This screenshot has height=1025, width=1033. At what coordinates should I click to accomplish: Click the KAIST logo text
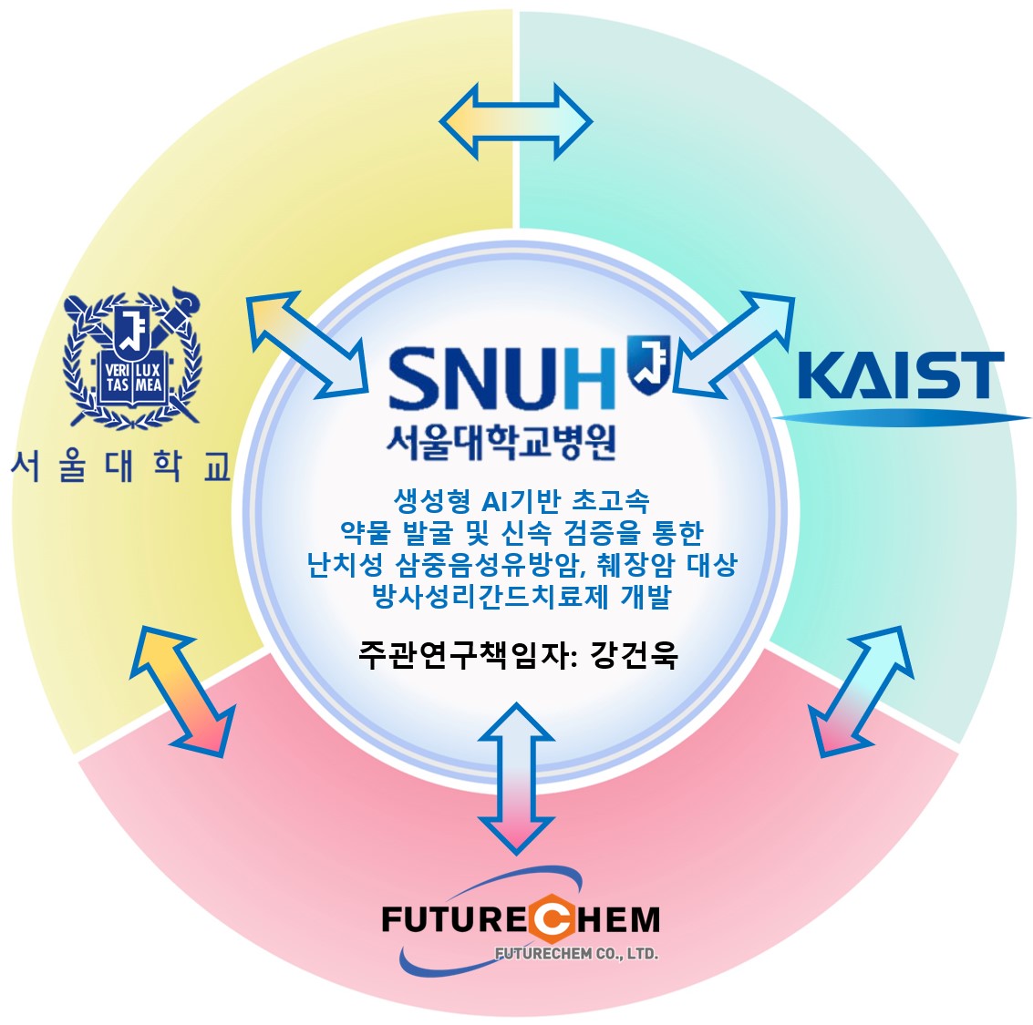(901, 375)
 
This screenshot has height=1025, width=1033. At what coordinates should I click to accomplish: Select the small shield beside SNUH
(649, 362)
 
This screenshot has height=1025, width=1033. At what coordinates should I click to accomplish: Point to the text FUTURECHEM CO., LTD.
(576, 954)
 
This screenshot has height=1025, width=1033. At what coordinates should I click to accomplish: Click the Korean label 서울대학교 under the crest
(120, 466)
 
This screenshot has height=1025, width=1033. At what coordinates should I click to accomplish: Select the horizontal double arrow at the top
(516, 122)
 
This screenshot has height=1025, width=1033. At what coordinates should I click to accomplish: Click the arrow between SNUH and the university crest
(307, 345)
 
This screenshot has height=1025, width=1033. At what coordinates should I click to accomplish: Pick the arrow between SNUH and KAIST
(734, 345)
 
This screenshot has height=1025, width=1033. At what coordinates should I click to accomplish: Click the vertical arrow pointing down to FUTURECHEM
(516, 779)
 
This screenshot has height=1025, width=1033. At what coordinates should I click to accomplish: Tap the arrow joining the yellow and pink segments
(182, 692)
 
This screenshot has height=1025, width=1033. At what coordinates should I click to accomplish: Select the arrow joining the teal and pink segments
(861, 692)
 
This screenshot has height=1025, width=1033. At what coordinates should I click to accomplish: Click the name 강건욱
(634, 655)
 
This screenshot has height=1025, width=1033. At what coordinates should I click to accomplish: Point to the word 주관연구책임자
(464, 655)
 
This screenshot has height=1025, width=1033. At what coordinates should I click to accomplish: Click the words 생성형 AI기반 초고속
(522, 501)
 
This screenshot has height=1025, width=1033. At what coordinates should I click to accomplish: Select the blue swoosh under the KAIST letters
(901, 417)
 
